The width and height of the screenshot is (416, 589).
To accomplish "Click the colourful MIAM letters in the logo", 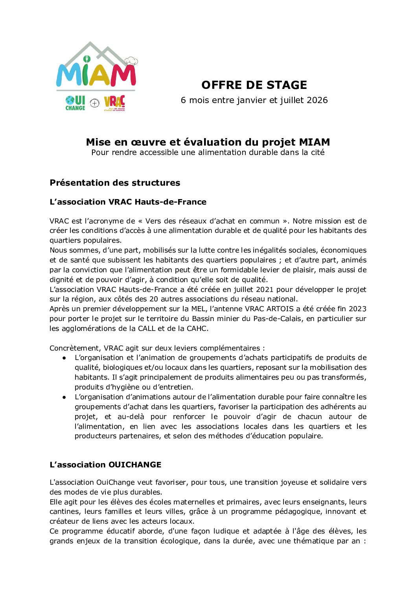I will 96,74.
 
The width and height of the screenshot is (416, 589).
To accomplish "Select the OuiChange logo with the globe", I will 75,103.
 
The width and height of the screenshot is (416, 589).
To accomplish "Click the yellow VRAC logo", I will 114,103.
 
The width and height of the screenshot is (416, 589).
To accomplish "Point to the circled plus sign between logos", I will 95,103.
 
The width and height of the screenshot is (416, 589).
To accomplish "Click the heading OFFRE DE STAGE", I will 254,85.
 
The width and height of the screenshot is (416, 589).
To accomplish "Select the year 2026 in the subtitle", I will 317,100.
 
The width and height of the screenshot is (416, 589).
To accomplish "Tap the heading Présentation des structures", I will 115,183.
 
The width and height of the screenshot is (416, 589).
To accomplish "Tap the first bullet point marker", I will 64,358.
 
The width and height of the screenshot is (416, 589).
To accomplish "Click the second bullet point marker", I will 64,397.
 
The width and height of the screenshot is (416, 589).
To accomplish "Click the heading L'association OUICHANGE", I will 105,465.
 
